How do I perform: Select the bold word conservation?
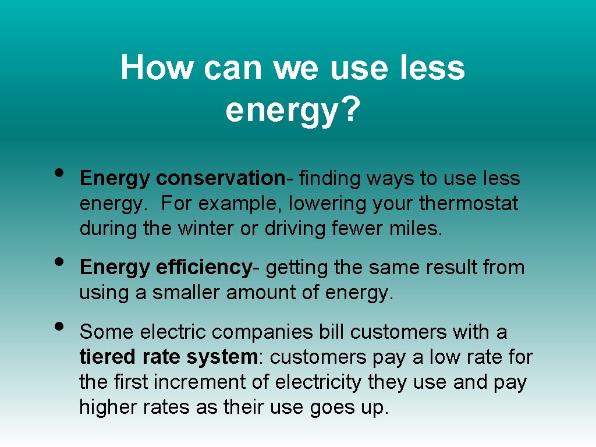(x=220, y=179)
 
